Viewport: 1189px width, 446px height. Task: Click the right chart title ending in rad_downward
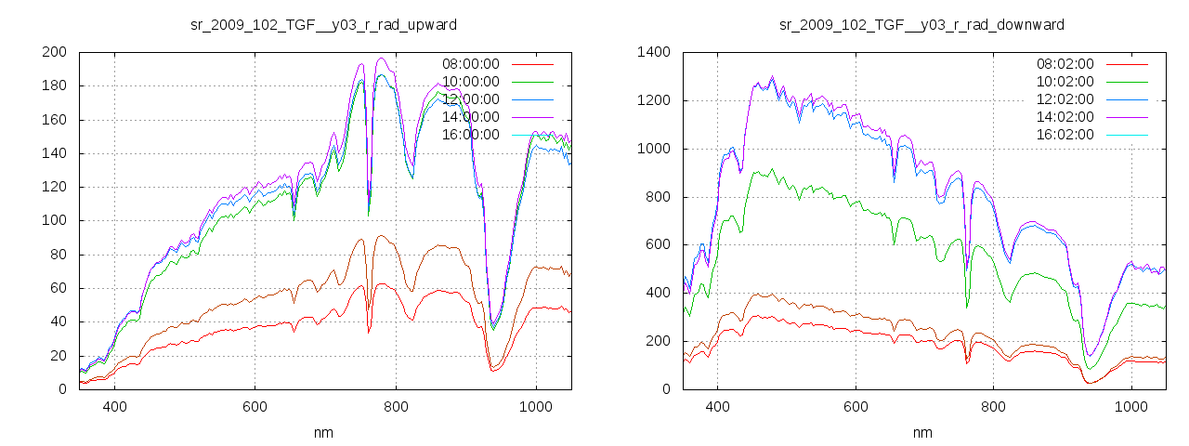pos(921,23)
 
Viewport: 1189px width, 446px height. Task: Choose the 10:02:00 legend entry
pos(1065,82)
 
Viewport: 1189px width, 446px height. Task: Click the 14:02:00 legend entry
pos(1065,117)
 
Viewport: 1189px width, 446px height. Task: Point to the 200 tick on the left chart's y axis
pos(53,52)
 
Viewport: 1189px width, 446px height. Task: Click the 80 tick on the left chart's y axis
pos(57,255)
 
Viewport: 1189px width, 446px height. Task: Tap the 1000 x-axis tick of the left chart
pos(535,406)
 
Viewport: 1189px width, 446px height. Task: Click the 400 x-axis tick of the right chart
pos(717,406)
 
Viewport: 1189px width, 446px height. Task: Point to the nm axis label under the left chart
pos(324,432)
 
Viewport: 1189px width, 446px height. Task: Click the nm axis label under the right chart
pos(921,432)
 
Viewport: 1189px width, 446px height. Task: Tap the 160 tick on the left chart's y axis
pos(53,120)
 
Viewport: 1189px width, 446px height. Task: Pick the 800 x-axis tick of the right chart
pos(993,406)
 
